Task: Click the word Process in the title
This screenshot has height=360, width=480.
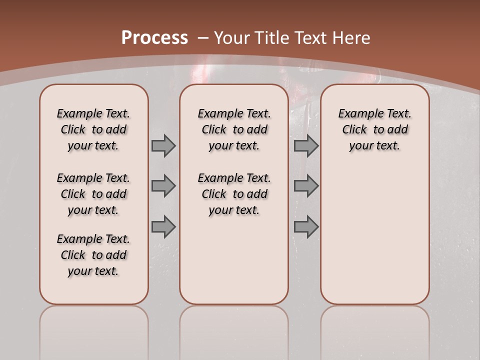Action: [154, 38]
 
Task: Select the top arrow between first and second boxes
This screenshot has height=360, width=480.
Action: [163, 146]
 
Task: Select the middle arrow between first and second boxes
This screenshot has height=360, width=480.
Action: [163, 186]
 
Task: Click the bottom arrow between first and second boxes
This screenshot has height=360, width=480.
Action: [163, 226]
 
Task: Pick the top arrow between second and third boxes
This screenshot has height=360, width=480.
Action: [306, 146]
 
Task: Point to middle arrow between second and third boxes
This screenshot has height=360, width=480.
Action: [306, 186]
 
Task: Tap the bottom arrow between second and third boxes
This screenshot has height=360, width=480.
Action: [306, 226]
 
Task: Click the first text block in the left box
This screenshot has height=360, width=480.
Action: [93, 129]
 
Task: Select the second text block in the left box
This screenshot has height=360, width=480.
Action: [93, 194]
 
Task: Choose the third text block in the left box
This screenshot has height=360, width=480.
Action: [93, 255]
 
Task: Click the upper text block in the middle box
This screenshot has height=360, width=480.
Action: [234, 129]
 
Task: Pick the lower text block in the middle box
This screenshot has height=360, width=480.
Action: [234, 194]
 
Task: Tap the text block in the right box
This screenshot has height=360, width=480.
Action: [375, 129]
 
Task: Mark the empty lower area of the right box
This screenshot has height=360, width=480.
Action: [375, 235]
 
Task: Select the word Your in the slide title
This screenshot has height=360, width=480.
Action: [232, 38]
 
